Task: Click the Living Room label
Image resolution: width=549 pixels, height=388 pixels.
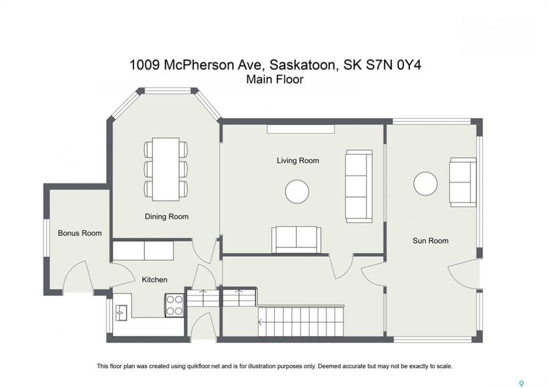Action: [x=297, y=161]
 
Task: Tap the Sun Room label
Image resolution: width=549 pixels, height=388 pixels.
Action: [x=430, y=240]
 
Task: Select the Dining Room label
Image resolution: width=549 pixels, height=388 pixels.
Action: [x=166, y=217]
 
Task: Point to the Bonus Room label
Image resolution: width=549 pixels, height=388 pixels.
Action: [x=80, y=233]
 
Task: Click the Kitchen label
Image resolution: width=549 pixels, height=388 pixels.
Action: [x=155, y=280]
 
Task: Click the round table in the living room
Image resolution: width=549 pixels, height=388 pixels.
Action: [x=297, y=191]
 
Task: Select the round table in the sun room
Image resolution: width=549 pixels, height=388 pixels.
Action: [x=426, y=184]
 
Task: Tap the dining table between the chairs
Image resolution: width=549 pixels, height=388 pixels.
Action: [x=166, y=169]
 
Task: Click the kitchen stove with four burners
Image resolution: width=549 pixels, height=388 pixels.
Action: [x=174, y=306]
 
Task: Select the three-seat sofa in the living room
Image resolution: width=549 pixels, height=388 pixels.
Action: [x=359, y=186]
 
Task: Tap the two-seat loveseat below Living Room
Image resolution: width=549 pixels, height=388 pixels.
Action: [x=296, y=239]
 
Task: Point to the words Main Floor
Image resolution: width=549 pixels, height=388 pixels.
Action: [x=275, y=80]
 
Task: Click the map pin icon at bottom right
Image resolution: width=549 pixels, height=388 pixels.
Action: [x=522, y=384]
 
